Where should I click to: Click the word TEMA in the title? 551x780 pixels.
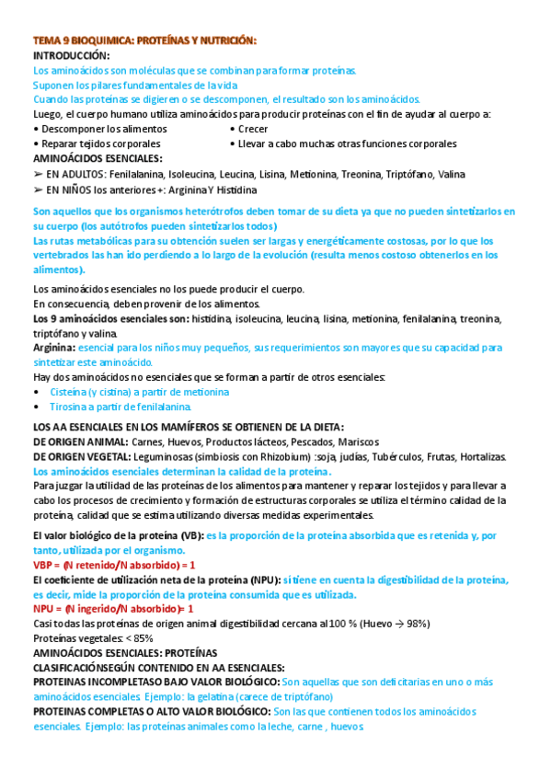[x=46, y=41]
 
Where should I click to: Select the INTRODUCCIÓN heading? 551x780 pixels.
[x=72, y=56]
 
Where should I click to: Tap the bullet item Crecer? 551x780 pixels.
[x=253, y=130]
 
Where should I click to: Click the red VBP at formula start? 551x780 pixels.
[x=43, y=565]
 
